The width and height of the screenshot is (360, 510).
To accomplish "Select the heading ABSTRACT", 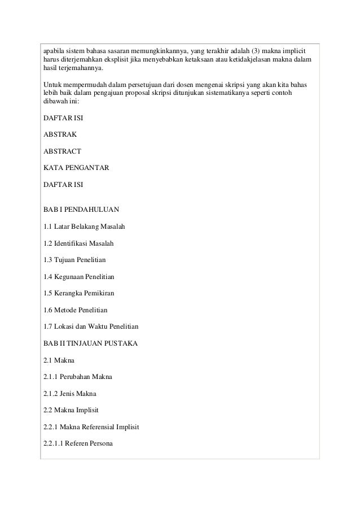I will [x=62, y=151].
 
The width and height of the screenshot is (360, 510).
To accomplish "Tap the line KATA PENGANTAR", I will [x=76, y=168].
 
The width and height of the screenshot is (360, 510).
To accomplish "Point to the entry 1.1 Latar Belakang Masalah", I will [x=84, y=227].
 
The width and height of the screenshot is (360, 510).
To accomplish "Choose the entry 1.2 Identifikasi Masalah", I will [x=78, y=243].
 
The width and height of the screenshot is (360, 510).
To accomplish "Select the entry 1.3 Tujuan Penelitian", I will [x=74, y=260].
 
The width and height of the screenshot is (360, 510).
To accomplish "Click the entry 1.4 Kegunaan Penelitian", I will [x=79, y=277].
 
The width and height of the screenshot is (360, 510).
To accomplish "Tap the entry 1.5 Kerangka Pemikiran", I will [x=78, y=294].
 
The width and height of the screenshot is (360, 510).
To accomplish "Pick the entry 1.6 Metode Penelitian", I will [x=75, y=310].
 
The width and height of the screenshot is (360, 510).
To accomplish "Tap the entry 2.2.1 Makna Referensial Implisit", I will [x=91, y=427].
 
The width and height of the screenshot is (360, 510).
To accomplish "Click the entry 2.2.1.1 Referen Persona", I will [x=78, y=443].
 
